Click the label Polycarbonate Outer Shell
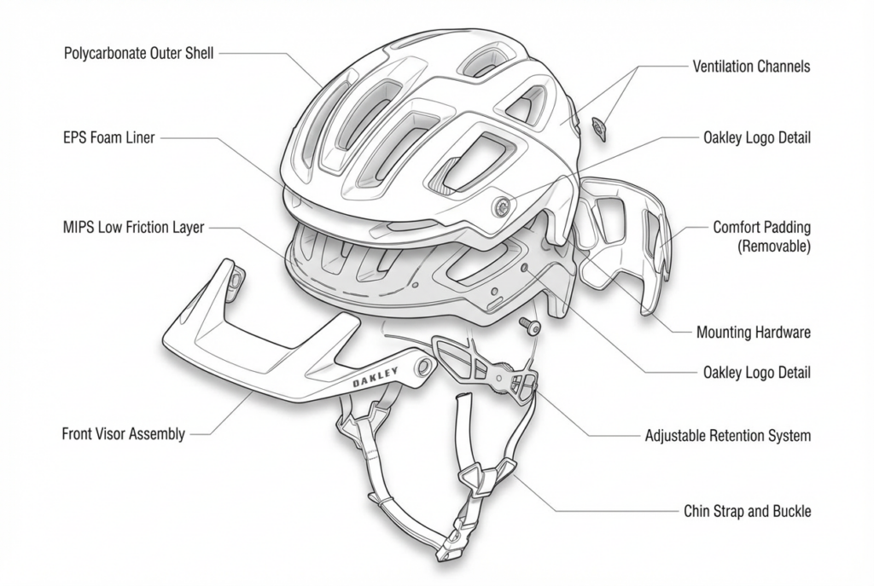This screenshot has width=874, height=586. [138, 53]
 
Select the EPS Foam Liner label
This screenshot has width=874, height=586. [109, 137]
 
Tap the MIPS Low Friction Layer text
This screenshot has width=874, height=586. [133, 229]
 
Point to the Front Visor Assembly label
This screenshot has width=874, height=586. [123, 433]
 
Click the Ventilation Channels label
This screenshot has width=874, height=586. [751, 66]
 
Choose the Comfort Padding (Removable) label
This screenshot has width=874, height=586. [761, 237]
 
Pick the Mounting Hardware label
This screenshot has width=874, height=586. [754, 332]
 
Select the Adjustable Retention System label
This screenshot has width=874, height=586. [727, 436]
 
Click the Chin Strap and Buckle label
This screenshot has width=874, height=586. [747, 512]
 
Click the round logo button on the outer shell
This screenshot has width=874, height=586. [501, 204]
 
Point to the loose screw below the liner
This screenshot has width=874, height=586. [527, 325]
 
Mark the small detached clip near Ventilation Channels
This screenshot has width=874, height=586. [597, 128]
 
